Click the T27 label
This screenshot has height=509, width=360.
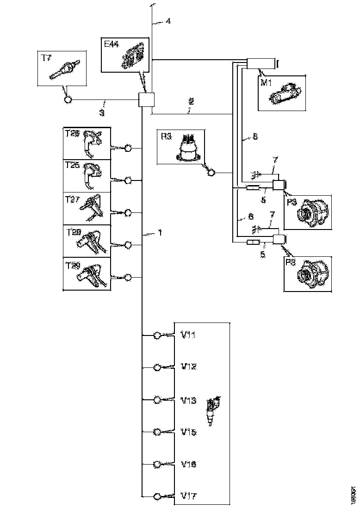click(x=73, y=200)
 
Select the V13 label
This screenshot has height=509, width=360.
click(x=188, y=400)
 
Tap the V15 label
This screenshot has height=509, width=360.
click(x=188, y=432)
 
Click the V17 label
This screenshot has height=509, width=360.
click(x=188, y=496)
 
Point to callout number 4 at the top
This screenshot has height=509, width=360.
click(x=168, y=21)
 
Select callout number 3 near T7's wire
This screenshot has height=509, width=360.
click(x=102, y=112)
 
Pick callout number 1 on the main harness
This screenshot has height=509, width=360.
click(x=160, y=233)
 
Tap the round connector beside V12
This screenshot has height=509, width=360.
click(x=157, y=367)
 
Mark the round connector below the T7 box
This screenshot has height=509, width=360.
click(x=68, y=99)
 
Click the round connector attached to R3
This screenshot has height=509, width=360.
click(x=211, y=173)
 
